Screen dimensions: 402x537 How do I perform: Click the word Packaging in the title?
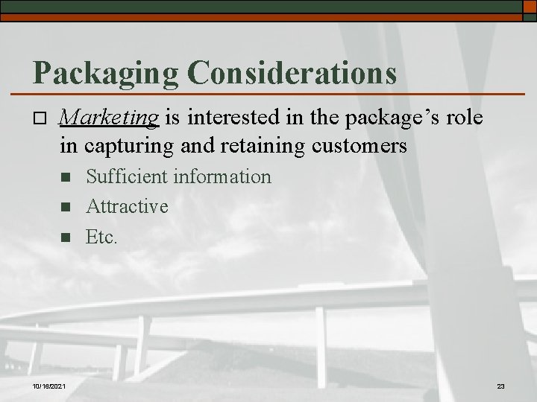pyautogui.click(x=105, y=73)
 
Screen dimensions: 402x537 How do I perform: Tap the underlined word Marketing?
pyautogui.click(x=110, y=117)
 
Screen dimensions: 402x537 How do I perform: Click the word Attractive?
pyautogui.click(x=127, y=206)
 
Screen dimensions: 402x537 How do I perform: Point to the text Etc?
pyautogui.click(x=102, y=237)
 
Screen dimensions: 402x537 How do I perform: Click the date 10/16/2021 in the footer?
pyautogui.click(x=49, y=386)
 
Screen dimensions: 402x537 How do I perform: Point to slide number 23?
pyautogui.click(x=500, y=386)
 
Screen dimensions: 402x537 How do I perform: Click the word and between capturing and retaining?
pyautogui.click(x=195, y=145)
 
